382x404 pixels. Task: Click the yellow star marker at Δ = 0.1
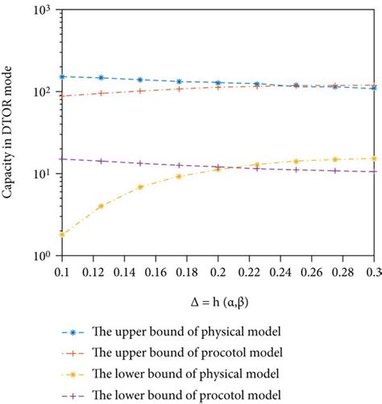tap(62, 234)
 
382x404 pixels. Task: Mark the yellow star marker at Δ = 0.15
tap(140, 187)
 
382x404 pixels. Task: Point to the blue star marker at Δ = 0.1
tap(62, 76)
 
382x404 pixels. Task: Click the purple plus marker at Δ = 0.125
tap(101, 161)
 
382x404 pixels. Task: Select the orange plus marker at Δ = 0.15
tap(140, 90)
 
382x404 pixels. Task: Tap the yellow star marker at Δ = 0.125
tap(101, 206)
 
